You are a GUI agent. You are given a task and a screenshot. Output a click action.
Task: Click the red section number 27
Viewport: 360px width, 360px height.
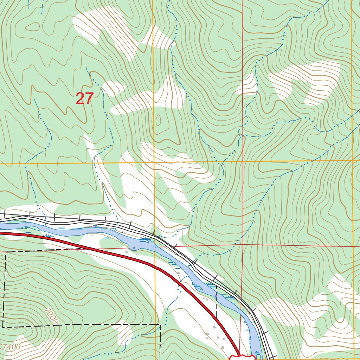(x=85, y=99)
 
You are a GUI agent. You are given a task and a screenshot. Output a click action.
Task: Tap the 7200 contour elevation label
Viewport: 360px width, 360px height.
(x=51, y=316)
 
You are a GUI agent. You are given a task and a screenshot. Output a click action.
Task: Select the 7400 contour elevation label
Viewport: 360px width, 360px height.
(x=12, y=347)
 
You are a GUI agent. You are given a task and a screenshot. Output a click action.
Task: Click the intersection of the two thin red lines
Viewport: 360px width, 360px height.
(x=242, y=244)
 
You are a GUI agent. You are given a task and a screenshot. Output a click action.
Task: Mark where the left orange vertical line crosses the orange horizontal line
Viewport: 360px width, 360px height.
(x=154, y=163)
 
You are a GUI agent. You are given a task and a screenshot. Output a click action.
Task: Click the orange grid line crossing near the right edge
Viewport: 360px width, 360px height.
(x=352, y=160)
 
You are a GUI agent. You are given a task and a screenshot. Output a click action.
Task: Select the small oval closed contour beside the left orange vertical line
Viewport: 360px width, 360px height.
(x=158, y=121)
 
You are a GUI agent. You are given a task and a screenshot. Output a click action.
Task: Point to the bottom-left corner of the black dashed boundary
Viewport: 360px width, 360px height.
(x=3, y=327)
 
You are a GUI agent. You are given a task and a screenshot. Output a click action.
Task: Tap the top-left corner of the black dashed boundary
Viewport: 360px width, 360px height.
(x=6, y=252)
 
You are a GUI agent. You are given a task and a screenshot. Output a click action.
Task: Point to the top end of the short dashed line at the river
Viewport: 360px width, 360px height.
(x=216, y=287)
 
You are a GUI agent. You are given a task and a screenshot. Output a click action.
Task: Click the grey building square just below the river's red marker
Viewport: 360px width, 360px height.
(x=127, y=252)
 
